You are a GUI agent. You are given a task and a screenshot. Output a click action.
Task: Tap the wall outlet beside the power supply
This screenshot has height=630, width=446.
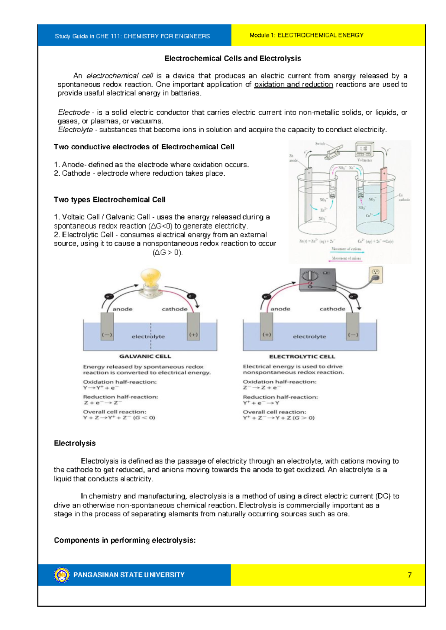point(376,275)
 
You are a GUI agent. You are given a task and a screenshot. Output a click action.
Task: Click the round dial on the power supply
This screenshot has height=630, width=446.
point(310,276)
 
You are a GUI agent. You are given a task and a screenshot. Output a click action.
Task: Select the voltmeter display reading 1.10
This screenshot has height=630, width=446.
point(363,149)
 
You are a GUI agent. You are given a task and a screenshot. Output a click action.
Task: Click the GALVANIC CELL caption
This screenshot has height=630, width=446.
point(145,356)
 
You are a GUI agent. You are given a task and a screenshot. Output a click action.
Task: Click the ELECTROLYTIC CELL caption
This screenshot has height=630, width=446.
point(302,357)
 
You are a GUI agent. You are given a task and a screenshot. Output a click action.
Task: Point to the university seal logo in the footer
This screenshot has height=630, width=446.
point(62,575)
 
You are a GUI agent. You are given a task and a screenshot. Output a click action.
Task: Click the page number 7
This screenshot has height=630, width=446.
point(410,575)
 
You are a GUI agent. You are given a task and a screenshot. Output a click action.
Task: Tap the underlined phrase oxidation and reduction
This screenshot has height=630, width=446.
point(293,84)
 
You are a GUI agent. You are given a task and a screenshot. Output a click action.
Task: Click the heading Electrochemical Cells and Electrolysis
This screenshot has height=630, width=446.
point(233,58)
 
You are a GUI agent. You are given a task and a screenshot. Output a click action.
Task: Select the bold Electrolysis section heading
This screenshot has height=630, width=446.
point(75,443)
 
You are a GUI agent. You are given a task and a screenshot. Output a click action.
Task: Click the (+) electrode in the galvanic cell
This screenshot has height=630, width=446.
point(193,327)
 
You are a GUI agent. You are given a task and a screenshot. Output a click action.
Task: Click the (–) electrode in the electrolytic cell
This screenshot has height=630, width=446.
point(353,327)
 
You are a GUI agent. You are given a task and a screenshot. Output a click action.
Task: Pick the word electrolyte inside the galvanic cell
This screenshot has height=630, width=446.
point(148,337)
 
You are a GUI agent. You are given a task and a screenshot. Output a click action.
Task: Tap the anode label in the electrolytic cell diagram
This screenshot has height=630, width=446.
point(280,309)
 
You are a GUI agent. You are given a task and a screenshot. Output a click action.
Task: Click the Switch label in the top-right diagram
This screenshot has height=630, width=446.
point(320,144)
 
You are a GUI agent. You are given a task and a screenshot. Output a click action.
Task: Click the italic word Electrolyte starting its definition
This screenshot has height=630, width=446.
point(75,130)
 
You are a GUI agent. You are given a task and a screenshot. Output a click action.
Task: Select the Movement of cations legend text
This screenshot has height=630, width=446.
point(346,249)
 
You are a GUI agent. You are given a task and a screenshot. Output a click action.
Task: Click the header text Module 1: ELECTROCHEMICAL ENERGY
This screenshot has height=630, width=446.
point(306,35)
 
